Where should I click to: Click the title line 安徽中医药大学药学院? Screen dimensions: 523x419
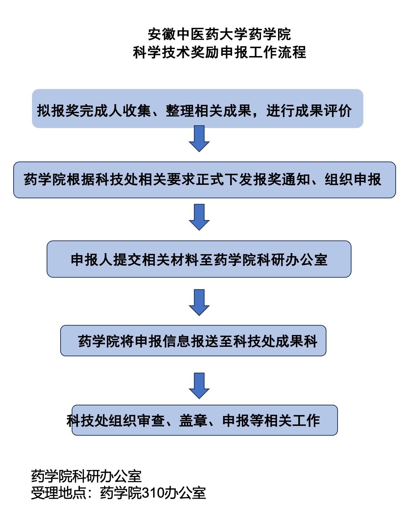219,34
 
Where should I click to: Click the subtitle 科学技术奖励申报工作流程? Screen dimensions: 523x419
219,52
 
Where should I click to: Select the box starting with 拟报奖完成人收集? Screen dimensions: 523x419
197,109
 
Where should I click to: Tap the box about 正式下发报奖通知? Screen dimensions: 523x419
204,180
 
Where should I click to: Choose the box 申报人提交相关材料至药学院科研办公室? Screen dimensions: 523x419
199,259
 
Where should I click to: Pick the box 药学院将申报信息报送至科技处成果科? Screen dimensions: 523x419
193,341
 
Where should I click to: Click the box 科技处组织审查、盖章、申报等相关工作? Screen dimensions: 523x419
205,420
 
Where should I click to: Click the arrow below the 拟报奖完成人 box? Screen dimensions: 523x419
199,139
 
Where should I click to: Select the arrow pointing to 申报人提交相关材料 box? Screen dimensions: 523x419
199,217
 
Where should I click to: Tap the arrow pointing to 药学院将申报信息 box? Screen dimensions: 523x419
199,303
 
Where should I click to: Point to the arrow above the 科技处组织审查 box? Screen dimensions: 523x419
199,386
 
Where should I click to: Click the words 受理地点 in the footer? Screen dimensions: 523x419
59,493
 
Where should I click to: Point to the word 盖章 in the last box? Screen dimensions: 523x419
193,421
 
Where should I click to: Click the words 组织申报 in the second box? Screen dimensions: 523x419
353,180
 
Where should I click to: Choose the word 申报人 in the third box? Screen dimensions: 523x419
92,260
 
